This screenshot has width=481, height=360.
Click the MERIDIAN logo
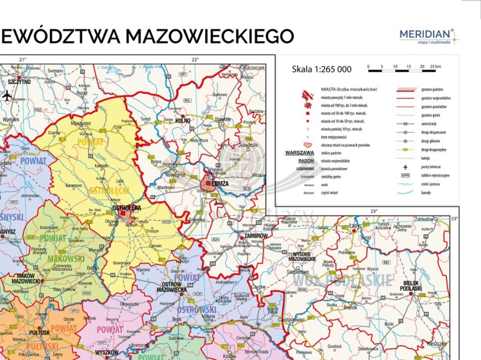tap(426, 35)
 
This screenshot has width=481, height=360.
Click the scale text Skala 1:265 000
tap(321, 69)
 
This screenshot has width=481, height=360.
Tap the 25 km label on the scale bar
tap(435, 67)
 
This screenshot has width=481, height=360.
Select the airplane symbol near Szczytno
tap(8, 96)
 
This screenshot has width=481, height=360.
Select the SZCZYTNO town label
tap(19, 82)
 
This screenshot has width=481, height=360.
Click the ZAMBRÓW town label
tap(255, 236)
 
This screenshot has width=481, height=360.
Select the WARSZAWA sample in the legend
tap(300, 153)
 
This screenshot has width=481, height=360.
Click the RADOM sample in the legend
tap(300, 161)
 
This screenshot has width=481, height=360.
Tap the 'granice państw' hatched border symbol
tap(405, 89)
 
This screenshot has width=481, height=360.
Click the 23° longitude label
tap(373, 210)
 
